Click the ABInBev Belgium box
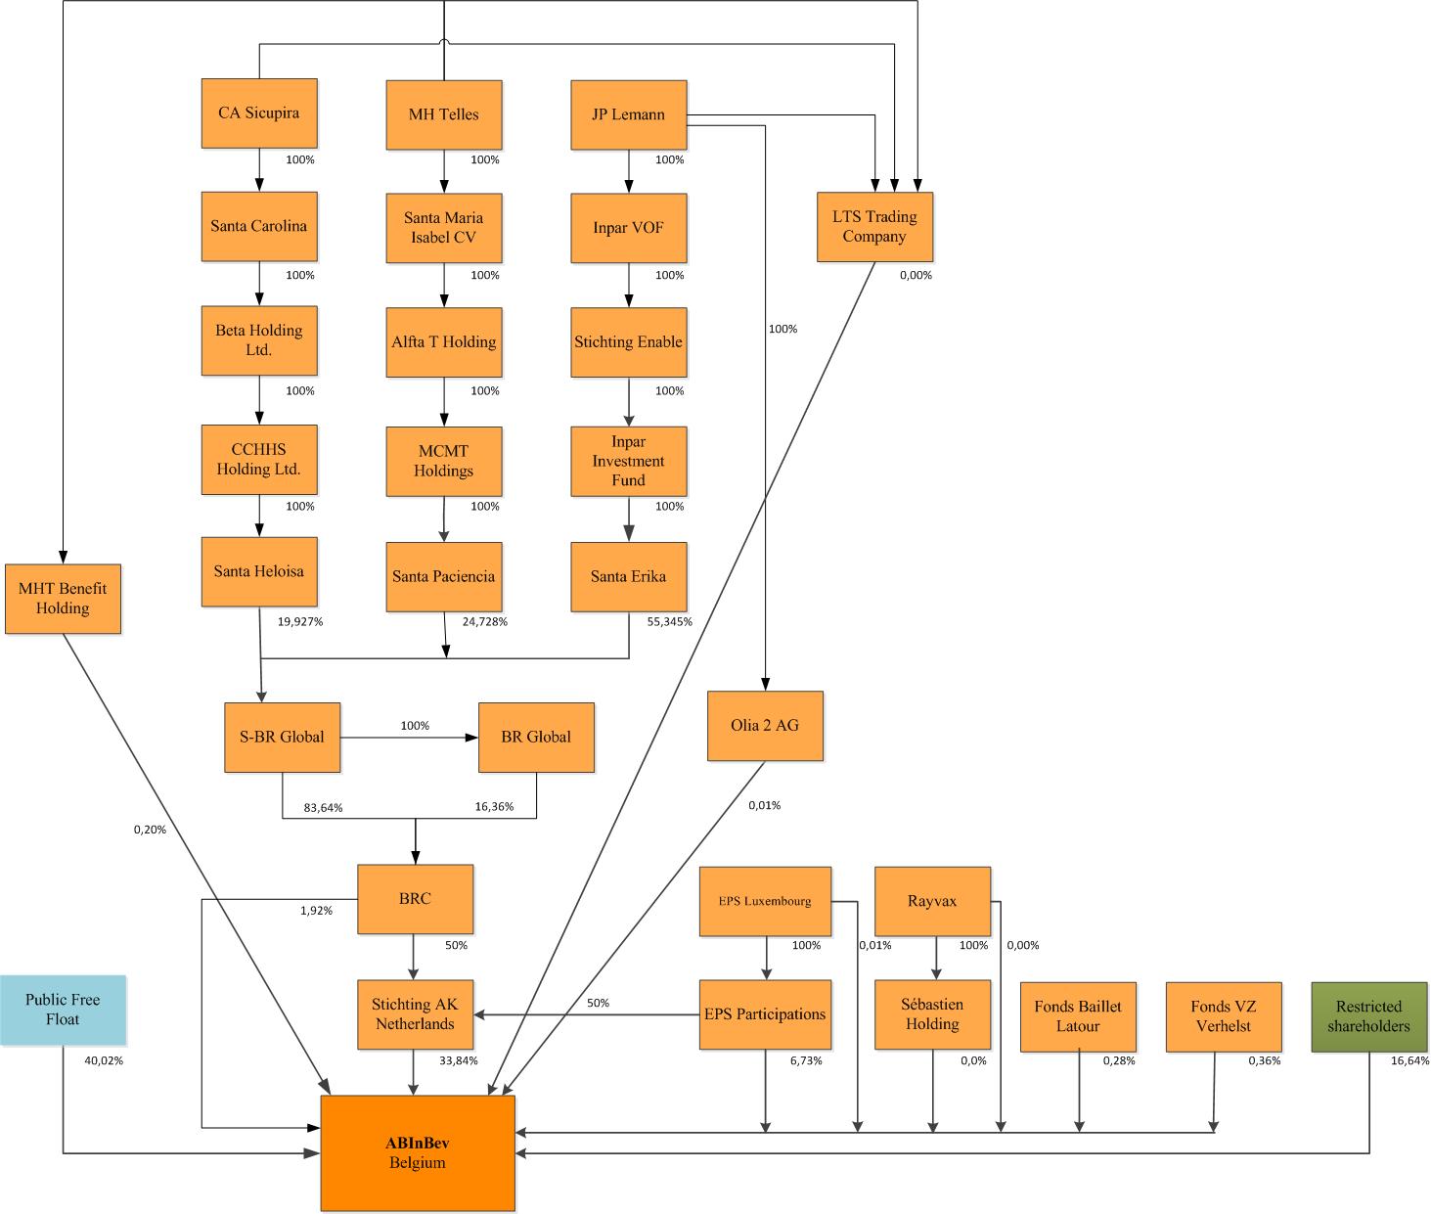(x=418, y=1152)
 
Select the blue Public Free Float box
(x=64, y=1010)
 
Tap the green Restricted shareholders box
(x=1368, y=1016)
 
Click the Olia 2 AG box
(x=765, y=726)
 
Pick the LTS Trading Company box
(x=874, y=227)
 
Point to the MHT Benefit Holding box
(x=63, y=599)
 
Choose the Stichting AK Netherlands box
(x=415, y=1014)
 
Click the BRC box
(x=415, y=899)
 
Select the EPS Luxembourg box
(x=765, y=901)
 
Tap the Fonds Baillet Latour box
(x=1078, y=1016)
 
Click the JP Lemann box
(x=628, y=114)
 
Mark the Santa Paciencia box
(x=443, y=576)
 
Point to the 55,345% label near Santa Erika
(x=669, y=621)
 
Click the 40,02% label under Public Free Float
(x=104, y=1060)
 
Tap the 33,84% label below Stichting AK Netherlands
(x=458, y=1060)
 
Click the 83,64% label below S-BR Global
(x=323, y=807)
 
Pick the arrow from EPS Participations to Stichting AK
(x=587, y=1014)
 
